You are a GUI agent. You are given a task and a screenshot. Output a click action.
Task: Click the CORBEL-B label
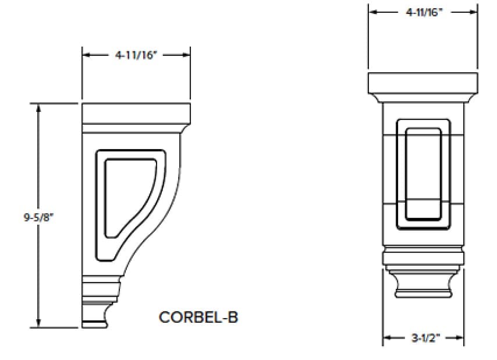click(198, 317)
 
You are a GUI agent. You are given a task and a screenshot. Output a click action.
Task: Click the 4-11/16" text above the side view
click(136, 55)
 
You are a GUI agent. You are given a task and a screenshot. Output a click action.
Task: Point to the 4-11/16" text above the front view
click(424, 12)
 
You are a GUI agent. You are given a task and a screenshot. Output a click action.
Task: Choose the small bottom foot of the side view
click(94, 315)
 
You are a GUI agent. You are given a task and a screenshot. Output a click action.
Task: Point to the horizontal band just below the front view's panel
click(423, 256)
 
